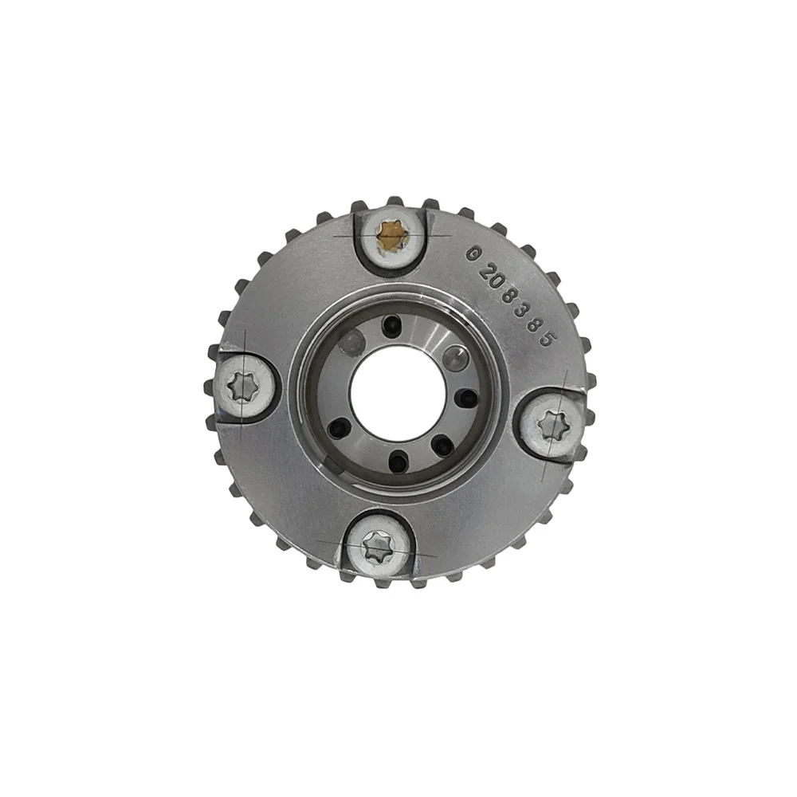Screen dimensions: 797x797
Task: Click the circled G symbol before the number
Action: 473,253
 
